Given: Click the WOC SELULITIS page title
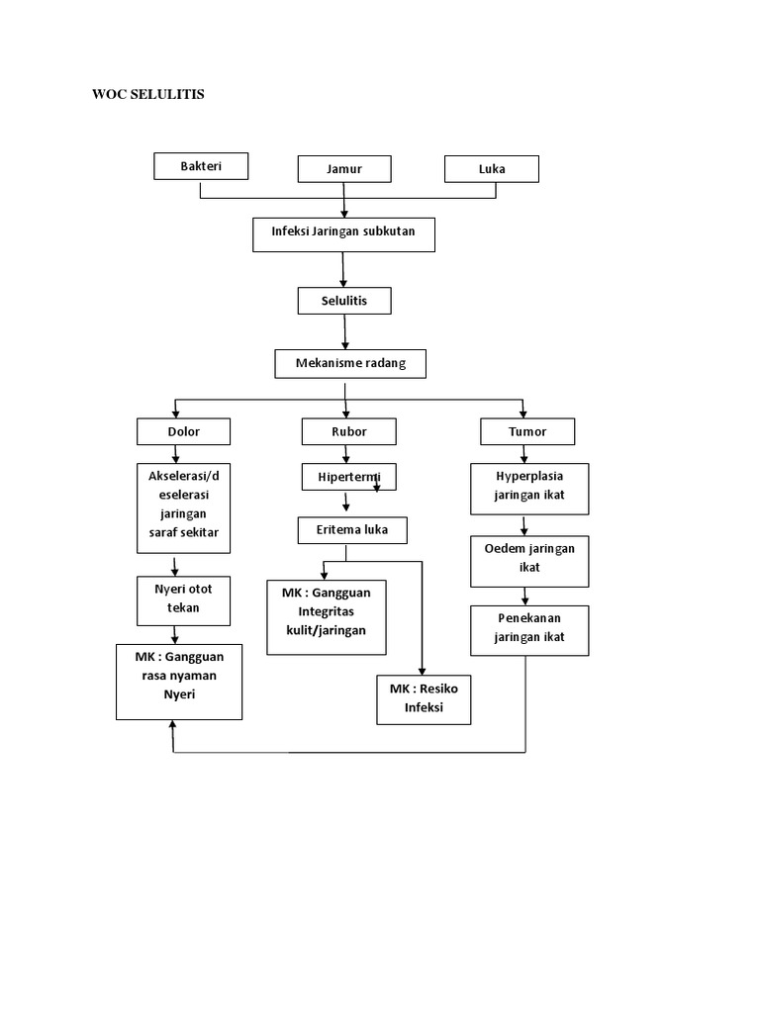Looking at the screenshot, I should [147, 95].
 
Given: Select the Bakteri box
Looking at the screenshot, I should [201, 166].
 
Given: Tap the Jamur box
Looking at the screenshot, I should [344, 169].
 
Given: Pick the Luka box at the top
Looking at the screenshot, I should [492, 169].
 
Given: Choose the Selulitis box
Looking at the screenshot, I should [344, 301].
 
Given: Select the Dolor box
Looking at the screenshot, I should [183, 431].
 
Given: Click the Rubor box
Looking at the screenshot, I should [348, 431].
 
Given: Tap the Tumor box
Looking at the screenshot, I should [526, 431].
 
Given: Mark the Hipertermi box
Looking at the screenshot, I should [348, 478].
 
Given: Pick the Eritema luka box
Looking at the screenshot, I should [352, 530].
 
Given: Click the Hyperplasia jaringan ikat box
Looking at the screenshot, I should [529, 487].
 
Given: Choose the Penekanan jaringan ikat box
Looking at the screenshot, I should [529, 630].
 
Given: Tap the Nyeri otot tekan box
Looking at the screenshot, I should [183, 599].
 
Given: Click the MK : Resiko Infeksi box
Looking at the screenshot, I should [424, 698].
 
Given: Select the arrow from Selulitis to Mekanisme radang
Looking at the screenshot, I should [345, 331].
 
